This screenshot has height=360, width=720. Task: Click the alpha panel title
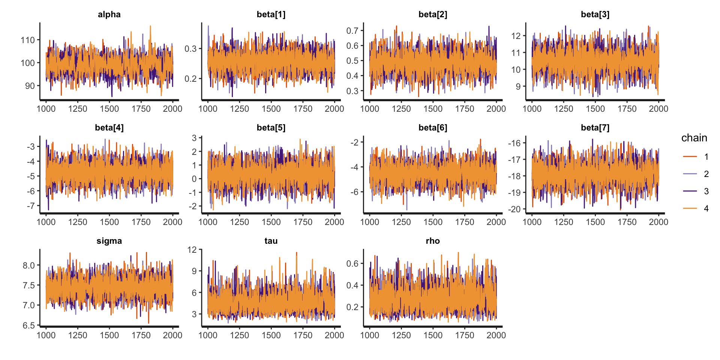click(109, 15)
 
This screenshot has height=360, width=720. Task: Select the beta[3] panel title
click(595, 15)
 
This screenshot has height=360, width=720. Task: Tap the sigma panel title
click(109, 241)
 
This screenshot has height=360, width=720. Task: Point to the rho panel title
click(433, 241)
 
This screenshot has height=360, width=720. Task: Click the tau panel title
click(271, 241)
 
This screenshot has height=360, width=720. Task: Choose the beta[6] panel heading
click(433, 128)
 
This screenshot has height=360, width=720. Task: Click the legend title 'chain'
click(694, 138)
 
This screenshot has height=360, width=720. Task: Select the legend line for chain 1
click(690, 156)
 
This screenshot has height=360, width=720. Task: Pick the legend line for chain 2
click(690, 174)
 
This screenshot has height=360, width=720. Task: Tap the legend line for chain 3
click(690, 191)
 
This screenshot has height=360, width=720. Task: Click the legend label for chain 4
click(706, 208)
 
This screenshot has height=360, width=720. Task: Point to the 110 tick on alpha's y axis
click(28, 40)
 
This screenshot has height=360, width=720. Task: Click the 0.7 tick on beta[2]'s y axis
click(352, 30)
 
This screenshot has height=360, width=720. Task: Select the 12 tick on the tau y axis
click(192, 250)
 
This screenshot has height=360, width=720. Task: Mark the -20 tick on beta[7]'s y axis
click(514, 209)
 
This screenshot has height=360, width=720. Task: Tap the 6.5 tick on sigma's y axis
click(28, 325)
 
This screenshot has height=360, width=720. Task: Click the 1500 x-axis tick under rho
click(433, 335)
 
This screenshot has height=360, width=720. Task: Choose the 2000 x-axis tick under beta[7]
click(658, 222)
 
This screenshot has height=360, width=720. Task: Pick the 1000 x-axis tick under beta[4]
click(46, 222)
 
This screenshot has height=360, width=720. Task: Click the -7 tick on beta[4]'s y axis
click(30, 206)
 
